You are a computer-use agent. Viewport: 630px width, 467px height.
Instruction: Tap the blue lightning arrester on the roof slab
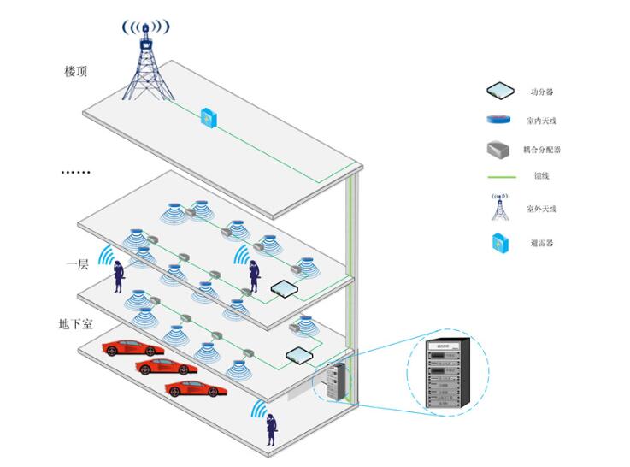pyautogui.click(x=207, y=118)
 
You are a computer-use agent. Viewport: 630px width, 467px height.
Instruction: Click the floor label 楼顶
pyautogui.click(x=76, y=71)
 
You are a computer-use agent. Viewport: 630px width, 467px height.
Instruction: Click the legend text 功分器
pyautogui.click(x=541, y=92)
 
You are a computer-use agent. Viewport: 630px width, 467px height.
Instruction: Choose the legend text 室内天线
pyautogui.click(x=544, y=121)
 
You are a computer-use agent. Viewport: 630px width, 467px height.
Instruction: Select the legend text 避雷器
pyautogui.click(x=541, y=243)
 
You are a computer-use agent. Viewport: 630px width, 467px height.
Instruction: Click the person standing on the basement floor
pyautogui.click(x=271, y=429)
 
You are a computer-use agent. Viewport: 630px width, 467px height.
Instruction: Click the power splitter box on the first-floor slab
pyautogui.click(x=298, y=355)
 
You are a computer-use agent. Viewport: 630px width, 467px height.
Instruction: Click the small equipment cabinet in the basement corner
pyautogui.click(x=336, y=382)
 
